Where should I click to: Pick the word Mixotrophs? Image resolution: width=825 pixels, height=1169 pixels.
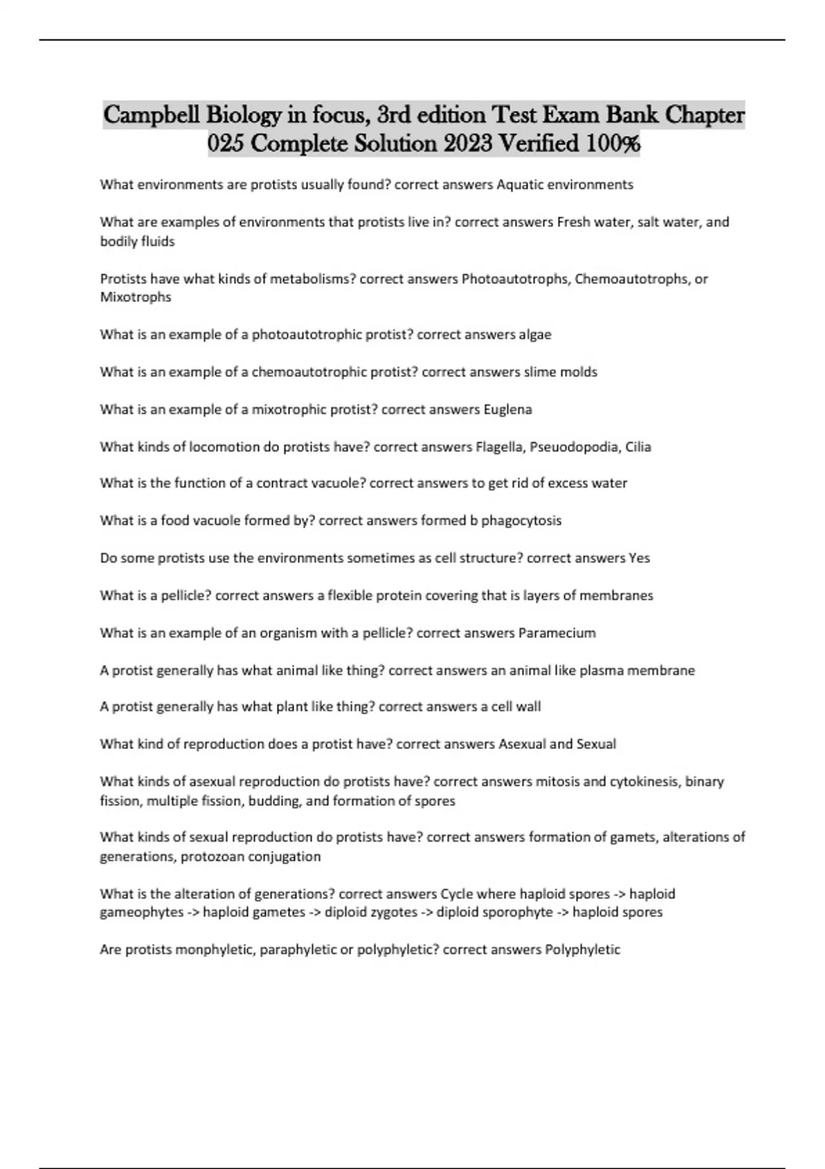135,297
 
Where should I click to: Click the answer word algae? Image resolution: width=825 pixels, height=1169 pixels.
535,334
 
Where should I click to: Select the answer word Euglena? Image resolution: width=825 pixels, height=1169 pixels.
507,409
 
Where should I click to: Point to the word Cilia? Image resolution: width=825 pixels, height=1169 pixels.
637,447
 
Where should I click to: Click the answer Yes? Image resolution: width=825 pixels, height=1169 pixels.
639,558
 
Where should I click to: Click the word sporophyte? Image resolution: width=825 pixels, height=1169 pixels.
518,912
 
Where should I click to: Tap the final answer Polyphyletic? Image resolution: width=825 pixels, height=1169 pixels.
582,950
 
